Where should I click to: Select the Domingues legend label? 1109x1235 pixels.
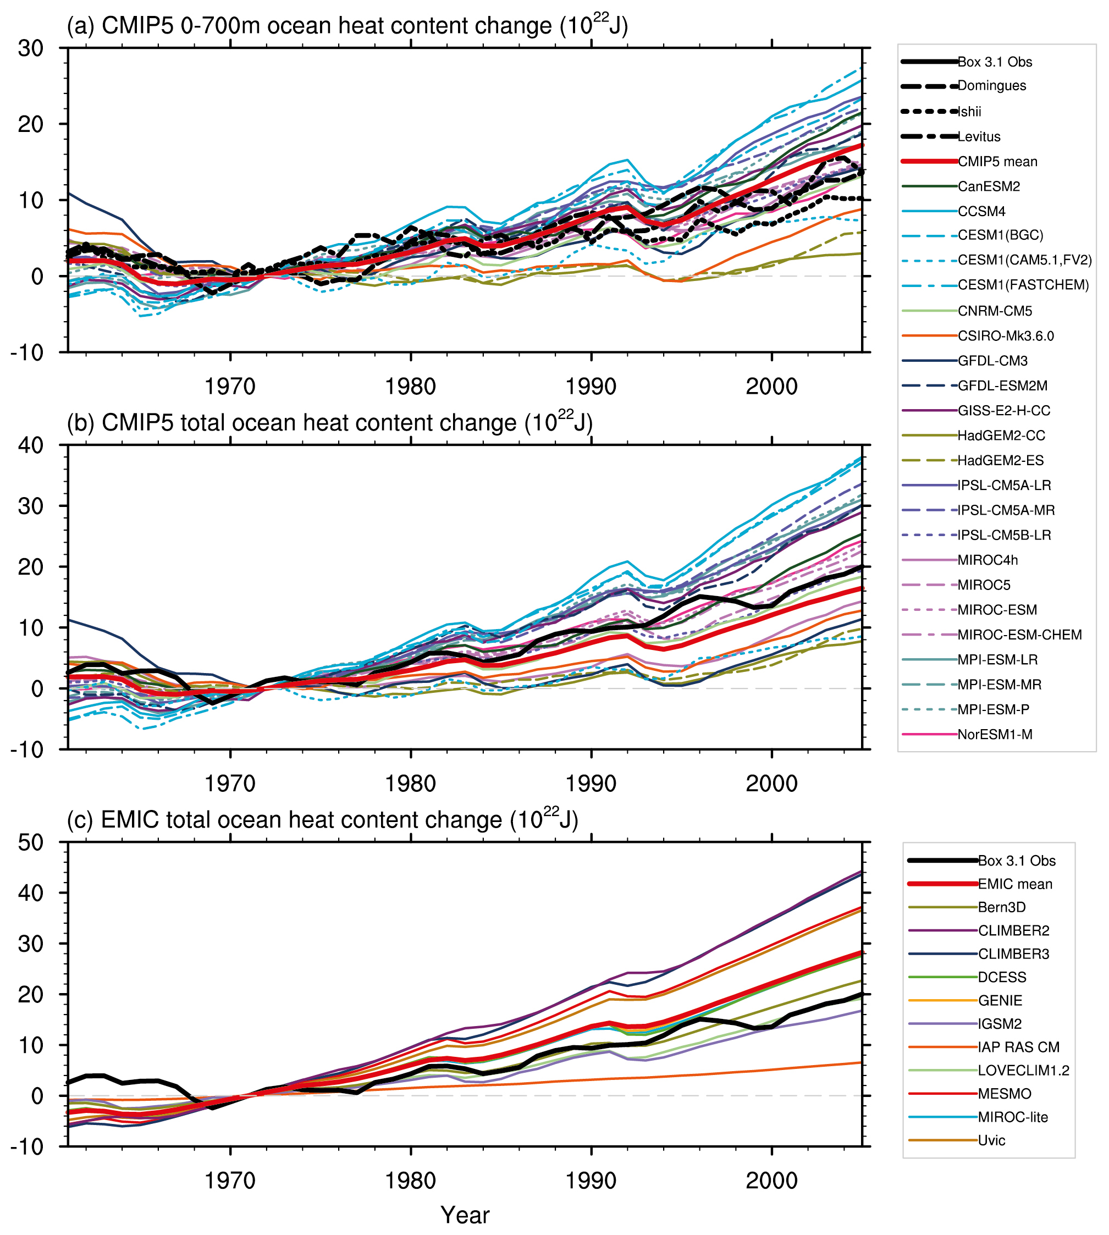991,86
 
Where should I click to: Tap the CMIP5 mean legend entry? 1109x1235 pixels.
997,162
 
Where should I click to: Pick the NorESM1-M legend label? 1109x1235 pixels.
995,735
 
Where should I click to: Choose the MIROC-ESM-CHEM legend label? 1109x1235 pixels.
1019,635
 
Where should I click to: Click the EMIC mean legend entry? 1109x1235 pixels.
1014,884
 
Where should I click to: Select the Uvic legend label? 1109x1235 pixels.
991,1140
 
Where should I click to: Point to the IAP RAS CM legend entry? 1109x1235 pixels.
1018,1047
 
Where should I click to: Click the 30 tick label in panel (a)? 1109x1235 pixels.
30,48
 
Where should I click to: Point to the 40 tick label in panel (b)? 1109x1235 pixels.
30,445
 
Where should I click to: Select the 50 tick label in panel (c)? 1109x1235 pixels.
30,842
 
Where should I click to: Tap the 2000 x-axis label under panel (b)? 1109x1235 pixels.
771,784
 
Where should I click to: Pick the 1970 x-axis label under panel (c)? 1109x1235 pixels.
230,1181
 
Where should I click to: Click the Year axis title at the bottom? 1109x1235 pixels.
465,1215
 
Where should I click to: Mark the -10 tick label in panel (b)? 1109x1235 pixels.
27,750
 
